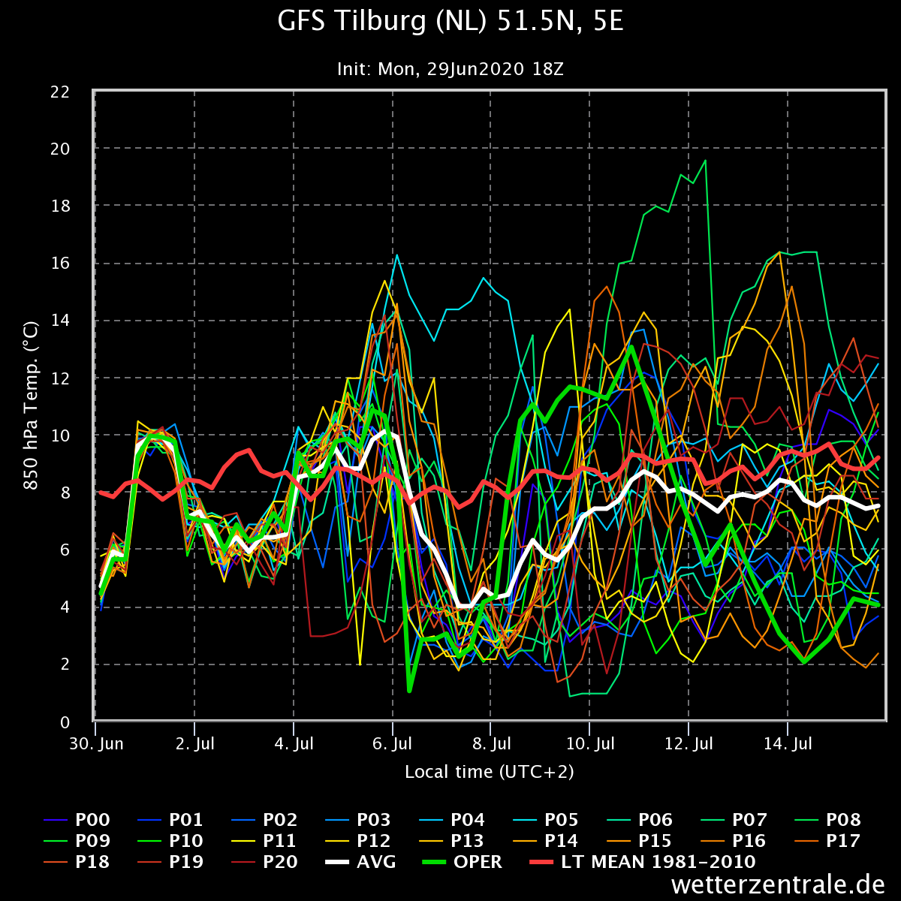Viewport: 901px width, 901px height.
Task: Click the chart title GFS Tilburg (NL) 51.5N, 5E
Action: (x=450, y=23)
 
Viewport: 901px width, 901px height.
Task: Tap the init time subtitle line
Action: (x=450, y=69)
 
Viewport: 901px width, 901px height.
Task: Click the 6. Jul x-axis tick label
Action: (x=392, y=745)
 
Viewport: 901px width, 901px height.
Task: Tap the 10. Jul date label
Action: (x=590, y=745)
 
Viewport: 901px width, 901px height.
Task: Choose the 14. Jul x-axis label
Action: (x=788, y=745)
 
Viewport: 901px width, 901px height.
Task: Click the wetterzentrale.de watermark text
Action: (x=779, y=884)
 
